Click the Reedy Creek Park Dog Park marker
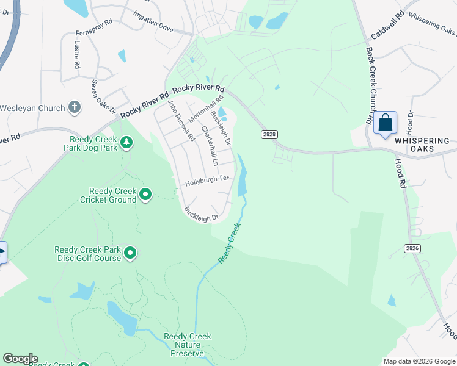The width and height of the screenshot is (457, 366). point(126,143)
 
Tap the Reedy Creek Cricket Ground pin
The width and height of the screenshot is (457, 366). point(145,195)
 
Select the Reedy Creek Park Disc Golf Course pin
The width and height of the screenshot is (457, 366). point(130,253)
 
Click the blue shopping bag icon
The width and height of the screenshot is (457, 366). point(386,124)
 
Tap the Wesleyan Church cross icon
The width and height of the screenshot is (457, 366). point(75,108)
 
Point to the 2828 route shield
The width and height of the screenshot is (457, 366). point(268,134)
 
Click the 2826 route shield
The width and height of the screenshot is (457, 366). point(412,248)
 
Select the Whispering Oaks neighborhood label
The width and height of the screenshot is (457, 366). point(422,145)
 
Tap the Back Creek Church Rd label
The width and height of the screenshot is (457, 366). point(370,85)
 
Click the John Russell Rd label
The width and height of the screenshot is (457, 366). point(181,121)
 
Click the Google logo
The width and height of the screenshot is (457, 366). point(20,359)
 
